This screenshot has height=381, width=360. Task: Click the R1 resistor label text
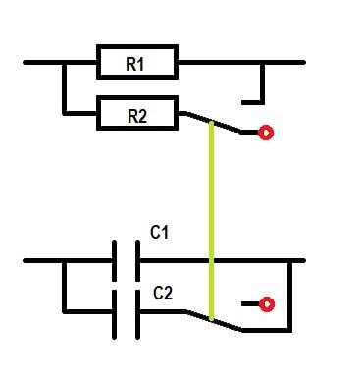tap(134, 64)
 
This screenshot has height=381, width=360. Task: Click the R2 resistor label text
tap(137, 116)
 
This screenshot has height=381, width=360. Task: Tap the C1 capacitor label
tap(159, 232)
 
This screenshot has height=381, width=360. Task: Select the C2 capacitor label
tap(163, 293)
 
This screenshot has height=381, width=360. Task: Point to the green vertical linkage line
tap(212, 221)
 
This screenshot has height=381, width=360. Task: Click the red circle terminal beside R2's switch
tap(266, 133)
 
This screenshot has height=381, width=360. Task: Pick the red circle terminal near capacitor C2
tap(267, 304)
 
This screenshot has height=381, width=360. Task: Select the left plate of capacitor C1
tap(114, 260)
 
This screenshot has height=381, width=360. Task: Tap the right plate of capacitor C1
tap(137, 260)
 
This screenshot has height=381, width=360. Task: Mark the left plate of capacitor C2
tap(114, 314)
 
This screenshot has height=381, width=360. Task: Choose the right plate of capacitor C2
tap(137, 314)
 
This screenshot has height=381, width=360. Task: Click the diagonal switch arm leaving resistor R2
tap(213, 123)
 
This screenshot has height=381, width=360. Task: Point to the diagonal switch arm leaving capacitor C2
tap(214, 321)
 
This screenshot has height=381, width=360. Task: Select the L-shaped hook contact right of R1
tap(262, 87)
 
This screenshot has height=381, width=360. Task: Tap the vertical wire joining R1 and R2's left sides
tap(65, 87)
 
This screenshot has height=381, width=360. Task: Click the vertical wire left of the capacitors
tap(65, 287)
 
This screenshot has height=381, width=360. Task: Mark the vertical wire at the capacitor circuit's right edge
tap(289, 297)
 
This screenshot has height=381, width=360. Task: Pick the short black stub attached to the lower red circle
tap(250, 304)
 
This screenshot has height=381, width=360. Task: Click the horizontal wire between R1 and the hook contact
tap(219, 62)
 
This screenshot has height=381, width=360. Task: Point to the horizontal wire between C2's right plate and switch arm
tap(162, 311)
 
